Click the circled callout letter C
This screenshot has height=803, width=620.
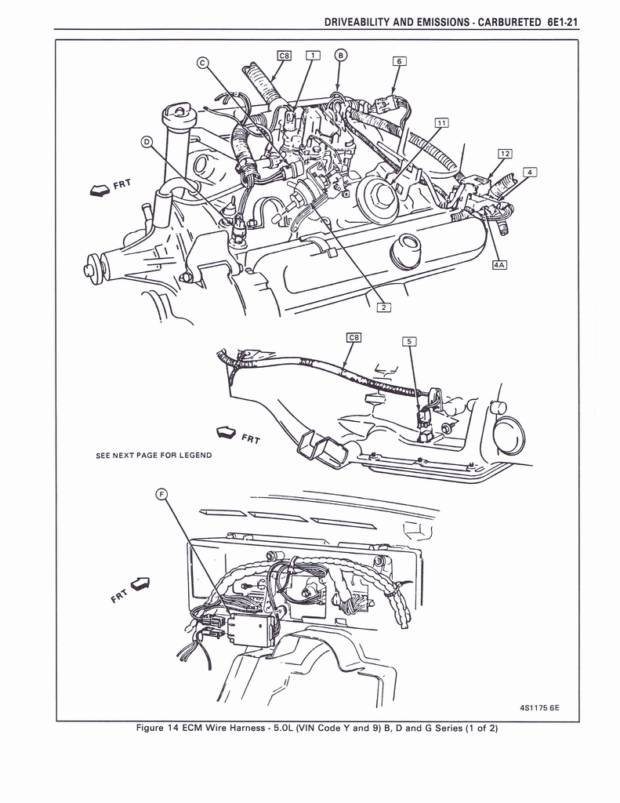(x=201, y=64)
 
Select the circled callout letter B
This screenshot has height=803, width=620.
(x=340, y=55)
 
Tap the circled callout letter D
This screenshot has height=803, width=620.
(x=147, y=141)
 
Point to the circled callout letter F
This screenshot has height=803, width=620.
(x=161, y=493)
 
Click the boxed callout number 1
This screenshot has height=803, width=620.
(x=310, y=55)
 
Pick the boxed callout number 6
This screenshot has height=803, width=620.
(x=399, y=61)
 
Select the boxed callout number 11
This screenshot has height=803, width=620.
(x=442, y=123)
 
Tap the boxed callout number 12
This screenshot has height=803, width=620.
(x=505, y=153)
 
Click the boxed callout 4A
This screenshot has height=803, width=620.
(x=499, y=264)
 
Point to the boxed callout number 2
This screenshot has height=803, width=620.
(x=383, y=307)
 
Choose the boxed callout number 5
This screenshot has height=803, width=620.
(x=409, y=341)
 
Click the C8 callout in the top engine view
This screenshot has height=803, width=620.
(x=285, y=55)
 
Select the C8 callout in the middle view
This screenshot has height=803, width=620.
(x=354, y=337)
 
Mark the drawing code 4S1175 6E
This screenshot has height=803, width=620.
(x=539, y=708)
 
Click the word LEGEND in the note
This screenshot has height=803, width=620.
(x=194, y=456)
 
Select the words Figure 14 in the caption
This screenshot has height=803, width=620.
(x=157, y=728)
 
